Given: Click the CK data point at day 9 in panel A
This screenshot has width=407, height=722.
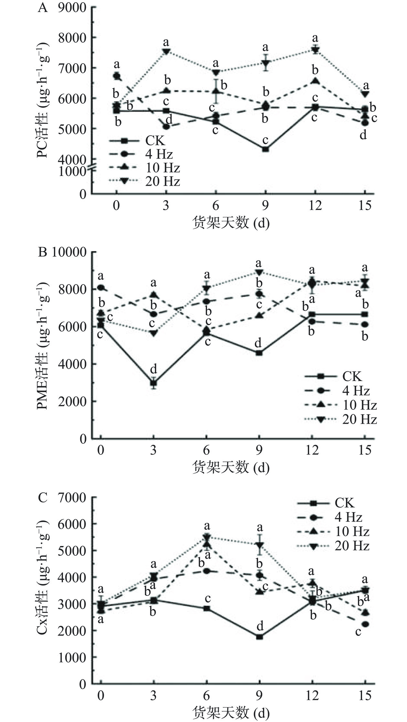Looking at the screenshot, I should [266, 149].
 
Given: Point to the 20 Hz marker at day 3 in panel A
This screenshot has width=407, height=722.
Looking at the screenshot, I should [166, 51].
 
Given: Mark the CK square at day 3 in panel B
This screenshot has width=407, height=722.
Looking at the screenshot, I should [154, 383].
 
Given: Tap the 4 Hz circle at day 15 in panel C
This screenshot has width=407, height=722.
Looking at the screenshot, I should [365, 624].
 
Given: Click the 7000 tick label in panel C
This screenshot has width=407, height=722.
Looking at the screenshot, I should [72, 498].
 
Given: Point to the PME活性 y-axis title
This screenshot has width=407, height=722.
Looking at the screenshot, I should [43, 346].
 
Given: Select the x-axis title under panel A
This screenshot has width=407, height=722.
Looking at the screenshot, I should [231, 223].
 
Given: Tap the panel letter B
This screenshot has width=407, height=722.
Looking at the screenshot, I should [42, 252].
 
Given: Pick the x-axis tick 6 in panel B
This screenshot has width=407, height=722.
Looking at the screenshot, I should [206, 450].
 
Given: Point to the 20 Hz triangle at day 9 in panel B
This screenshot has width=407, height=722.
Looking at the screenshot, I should [259, 272].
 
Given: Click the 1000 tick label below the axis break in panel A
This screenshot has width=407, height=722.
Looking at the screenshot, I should [72, 172].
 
